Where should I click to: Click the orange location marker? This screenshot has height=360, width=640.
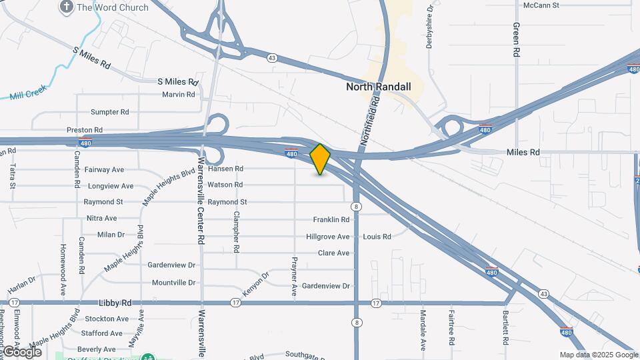point(321,159)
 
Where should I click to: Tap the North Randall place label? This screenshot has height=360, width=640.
point(379,87)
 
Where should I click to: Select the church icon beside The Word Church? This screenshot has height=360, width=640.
point(66,7)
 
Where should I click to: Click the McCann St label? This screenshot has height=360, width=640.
point(541,5)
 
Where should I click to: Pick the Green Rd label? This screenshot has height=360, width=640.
point(516,41)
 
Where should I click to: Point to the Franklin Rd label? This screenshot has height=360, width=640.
point(331,219)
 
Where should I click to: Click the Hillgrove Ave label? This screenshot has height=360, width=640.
point(328,237)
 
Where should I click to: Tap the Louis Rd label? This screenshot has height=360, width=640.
point(377,237)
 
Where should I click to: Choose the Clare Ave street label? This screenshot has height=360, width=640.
point(333,253)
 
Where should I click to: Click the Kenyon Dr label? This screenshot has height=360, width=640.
point(256,284)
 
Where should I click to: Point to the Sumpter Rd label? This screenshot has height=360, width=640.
point(109,112)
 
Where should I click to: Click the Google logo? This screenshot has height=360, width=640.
point(22,352)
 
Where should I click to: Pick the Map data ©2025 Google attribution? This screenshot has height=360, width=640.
point(599,355)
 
